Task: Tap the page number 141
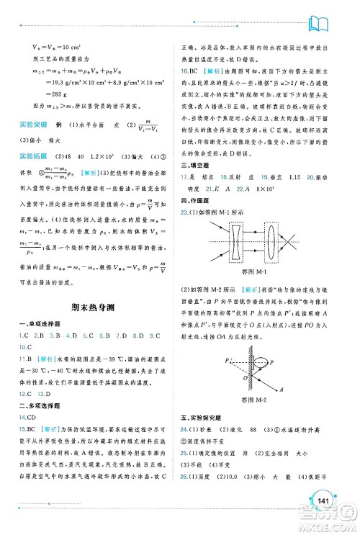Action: point(323,500)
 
